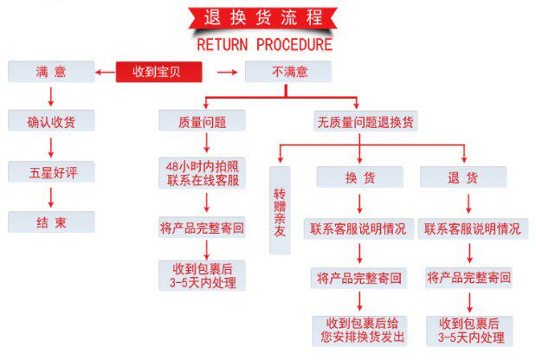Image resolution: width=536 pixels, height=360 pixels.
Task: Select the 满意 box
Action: pos(51,71)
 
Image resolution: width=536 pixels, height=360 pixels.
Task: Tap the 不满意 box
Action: pos(289,71)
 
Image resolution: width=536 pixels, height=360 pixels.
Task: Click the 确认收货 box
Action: pos(51,121)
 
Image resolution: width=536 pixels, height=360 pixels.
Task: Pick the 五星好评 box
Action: pos(51,170)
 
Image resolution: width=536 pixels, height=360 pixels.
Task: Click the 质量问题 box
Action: pos(202,121)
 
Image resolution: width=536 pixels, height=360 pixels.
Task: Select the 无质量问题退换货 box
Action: pos(366,121)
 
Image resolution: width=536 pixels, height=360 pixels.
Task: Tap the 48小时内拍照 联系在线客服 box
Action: pos(203,173)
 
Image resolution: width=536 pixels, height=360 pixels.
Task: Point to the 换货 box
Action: pos(359,177)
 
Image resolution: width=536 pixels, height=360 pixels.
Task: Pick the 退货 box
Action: pos(462,177)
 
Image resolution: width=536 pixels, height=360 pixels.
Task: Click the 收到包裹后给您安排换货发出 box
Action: pos(359,331)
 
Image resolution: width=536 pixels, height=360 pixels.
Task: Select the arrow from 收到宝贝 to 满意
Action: pos(106,71)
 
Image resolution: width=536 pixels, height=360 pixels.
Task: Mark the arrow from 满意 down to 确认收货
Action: pos(51,95)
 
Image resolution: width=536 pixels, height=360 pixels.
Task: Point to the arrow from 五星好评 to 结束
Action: pos(51,196)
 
